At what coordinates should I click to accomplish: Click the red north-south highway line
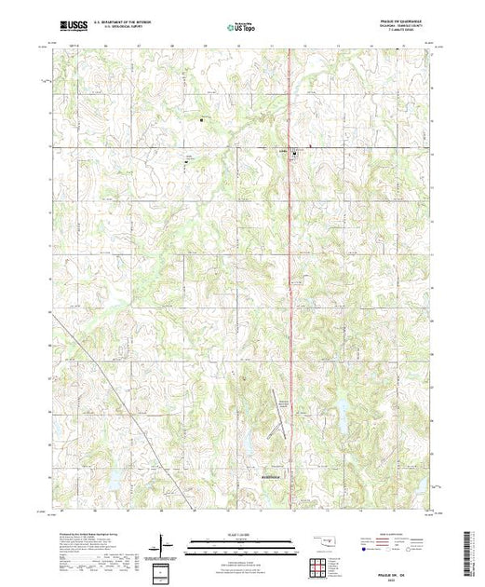pos(290,280)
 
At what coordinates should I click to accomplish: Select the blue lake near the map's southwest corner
pos(115,481)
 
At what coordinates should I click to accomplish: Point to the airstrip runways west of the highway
pos(279,401)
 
